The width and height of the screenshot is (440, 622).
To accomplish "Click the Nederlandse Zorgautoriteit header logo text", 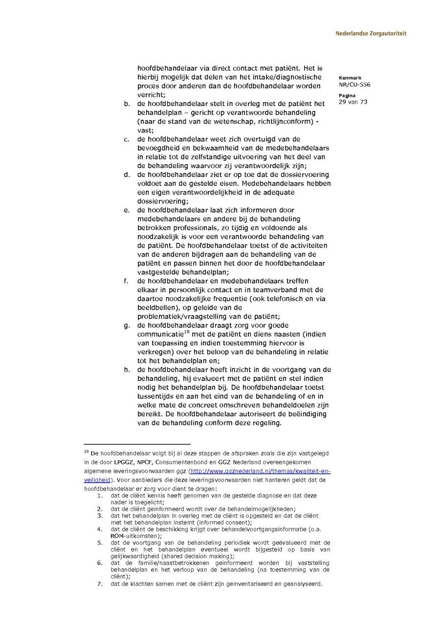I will point(371,34).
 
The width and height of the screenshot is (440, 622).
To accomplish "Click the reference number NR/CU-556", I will point(354,85).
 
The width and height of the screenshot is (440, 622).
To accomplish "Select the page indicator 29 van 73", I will point(352,102).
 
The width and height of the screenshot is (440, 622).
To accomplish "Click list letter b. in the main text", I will point(127,104).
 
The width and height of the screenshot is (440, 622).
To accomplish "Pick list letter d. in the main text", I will point(127,175).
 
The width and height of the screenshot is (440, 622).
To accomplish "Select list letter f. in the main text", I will point(126,281).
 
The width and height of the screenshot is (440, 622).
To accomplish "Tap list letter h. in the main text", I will point(127,370).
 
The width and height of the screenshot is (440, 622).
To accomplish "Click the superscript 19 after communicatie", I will point(186,332).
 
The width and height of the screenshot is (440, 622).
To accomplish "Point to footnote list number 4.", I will point(100,529).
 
